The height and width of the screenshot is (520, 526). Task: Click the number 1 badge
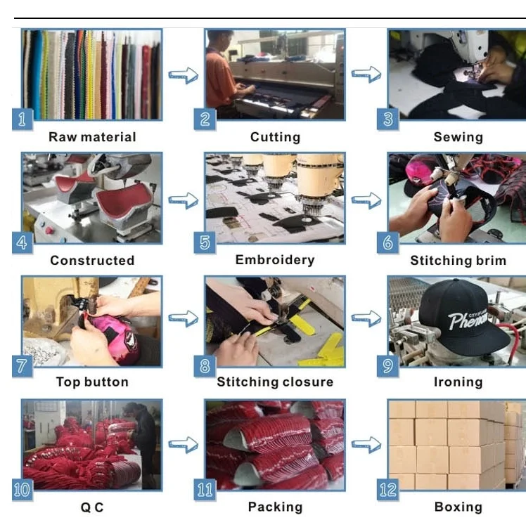click(22, 119)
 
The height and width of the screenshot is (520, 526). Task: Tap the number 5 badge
click(205, 242)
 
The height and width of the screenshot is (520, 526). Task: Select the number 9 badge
click(387, 365)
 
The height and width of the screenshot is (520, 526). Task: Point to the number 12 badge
click(387, 490)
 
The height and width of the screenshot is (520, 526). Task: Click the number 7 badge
click(22, 365)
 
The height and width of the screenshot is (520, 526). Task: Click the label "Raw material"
click(92, 137)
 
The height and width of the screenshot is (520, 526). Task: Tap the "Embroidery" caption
click(275, 260)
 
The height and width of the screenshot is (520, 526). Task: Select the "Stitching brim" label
click(458, 261)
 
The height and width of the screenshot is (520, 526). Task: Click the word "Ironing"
click(458, 382)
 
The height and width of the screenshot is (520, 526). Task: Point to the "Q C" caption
click(92, 507)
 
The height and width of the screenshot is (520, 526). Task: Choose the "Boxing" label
click(458, 507)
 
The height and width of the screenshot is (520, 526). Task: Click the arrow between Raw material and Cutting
click(183, 75)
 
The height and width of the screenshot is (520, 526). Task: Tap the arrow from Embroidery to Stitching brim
click(366, 201)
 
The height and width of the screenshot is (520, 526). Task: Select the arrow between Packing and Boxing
click(366, 444)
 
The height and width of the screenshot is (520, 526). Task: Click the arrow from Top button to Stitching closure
click(183, 320)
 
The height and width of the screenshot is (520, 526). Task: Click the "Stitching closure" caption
click(275, 382)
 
